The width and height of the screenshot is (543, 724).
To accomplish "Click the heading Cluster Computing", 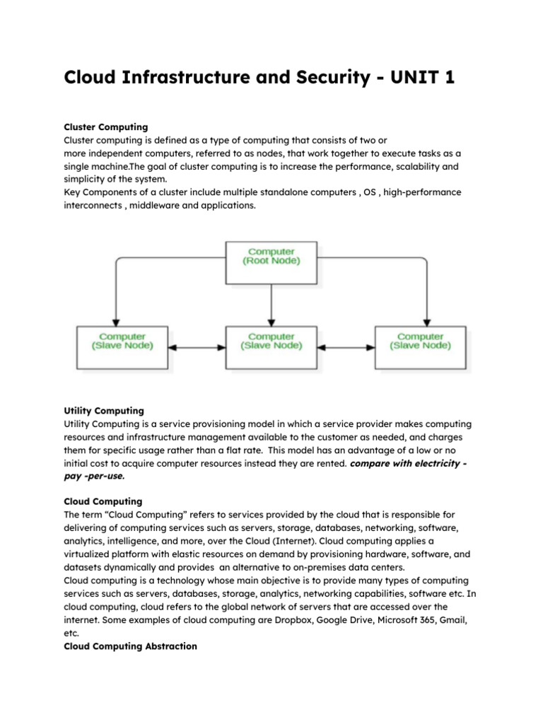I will (x=105, y=127).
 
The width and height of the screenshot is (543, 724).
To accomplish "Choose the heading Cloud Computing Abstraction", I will (x=131, y=646).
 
